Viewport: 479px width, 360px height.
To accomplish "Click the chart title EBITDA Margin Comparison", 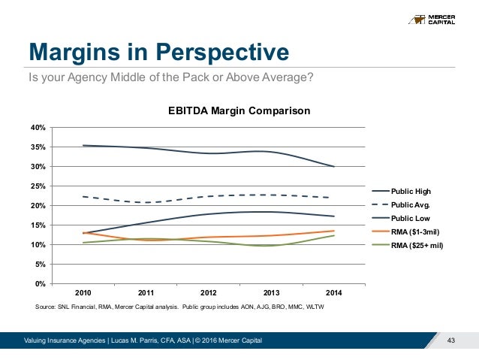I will (x=238, y=111).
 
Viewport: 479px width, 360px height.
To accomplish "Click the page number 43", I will (x=451, y=342).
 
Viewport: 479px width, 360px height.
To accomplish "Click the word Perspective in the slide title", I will (x=222, y=52).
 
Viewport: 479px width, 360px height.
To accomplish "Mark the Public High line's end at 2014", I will (x=333, y=167).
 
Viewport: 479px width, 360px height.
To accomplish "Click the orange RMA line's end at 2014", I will (x=333, y=231).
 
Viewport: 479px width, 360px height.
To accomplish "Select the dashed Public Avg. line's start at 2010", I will (x=83, y=197).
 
